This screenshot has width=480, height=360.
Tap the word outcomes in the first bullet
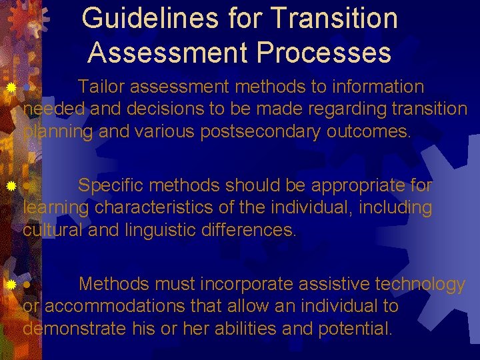(x=369, y=131)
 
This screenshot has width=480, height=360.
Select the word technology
(x=420, y=285)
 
